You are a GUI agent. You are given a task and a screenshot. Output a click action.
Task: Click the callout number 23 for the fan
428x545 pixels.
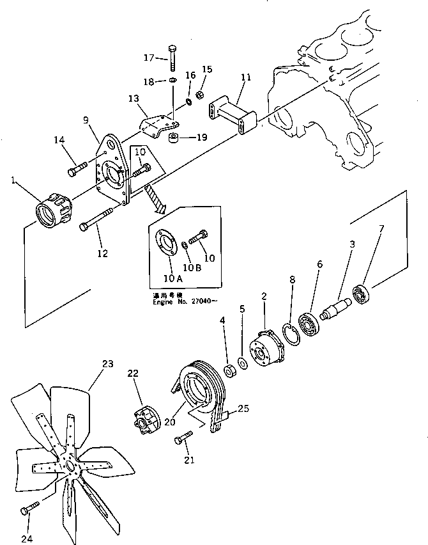pyautogui.click(x=107, y=365)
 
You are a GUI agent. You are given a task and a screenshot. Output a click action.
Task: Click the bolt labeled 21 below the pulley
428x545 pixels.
pyautogui.click(x=183, y=439)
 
